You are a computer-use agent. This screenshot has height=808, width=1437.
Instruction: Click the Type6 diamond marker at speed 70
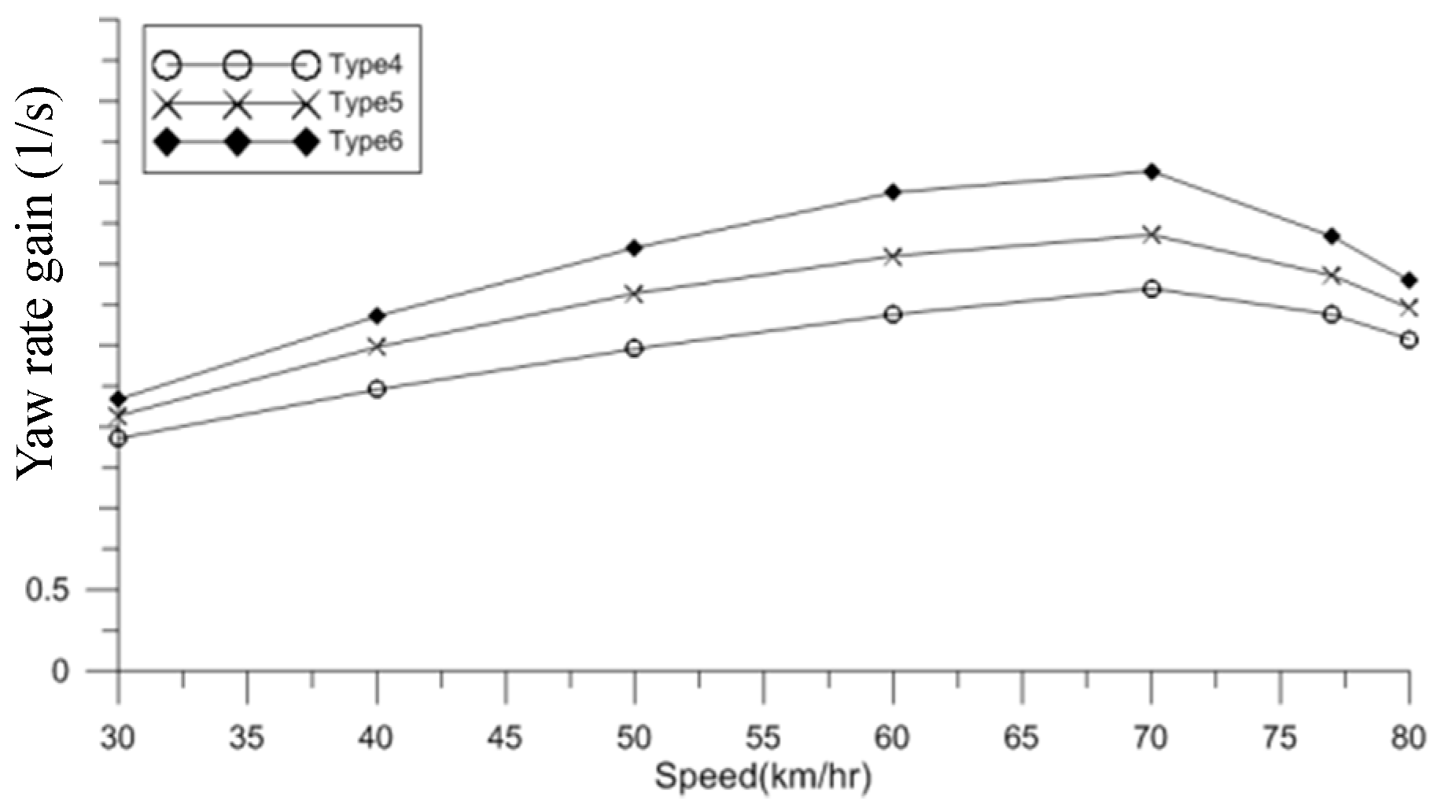[x=1151, y=172]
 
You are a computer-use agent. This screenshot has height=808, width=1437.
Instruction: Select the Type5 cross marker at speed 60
[x=893, y=256]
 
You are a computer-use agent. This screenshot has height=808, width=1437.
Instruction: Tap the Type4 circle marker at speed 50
[x=635, y=348]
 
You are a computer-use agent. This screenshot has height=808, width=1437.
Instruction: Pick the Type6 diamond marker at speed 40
[x=377, y=316]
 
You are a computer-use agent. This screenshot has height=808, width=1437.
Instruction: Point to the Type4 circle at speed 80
[x=1409, y=340]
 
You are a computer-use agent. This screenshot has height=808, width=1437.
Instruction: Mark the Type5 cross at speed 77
[x=1332, y=275]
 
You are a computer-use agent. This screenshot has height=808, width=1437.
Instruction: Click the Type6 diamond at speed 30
[x=119, y=399]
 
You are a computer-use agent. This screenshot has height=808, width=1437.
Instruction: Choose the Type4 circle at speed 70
[x=1151, y=289]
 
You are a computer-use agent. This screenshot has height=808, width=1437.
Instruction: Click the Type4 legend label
[x=366, y=65]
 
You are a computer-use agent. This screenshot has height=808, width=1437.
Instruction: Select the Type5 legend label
[x=366, y=103]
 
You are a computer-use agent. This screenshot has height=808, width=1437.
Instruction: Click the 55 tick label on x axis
[x=763, y=739]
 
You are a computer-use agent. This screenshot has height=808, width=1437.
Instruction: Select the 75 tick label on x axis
[x=1280, y=739]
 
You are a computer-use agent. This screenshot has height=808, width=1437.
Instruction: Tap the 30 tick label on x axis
[x=119, y=739]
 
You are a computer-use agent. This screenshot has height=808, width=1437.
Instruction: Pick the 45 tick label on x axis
[x=505, y=739]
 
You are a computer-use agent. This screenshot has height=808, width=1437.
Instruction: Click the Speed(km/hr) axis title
[x=763, y=779]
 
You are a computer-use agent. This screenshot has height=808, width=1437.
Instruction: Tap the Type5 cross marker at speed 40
[x=377, y=346]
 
